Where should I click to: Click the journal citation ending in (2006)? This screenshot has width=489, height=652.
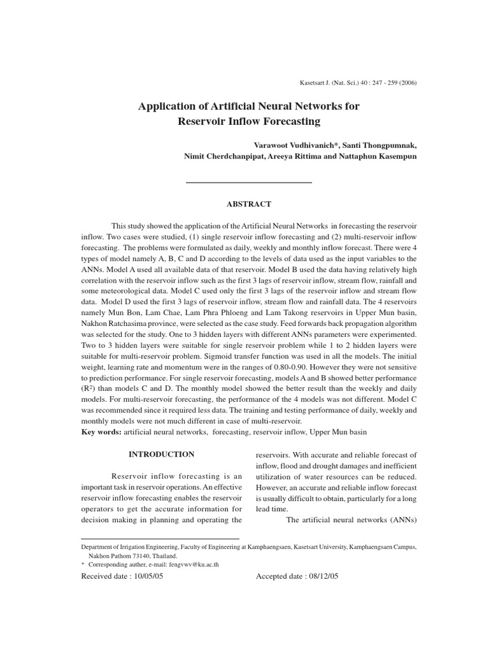coord(358,83)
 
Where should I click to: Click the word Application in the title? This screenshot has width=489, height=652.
coord(169,106)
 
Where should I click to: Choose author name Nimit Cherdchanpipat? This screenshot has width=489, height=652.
coord(217,157)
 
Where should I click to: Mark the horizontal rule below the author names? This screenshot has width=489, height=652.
coord(248,183)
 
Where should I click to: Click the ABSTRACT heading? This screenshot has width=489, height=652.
coord(249,204)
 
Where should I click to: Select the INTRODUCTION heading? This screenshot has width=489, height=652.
coord(161,455)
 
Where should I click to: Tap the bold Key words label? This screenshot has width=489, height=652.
coord(101,432)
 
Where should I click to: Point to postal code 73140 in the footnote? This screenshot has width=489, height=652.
coord(136,555)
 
